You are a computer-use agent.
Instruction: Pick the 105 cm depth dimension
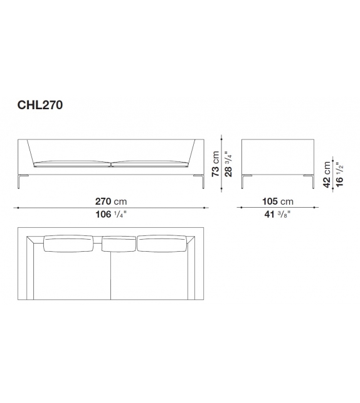tap(278, 201)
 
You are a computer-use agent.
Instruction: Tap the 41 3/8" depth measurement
tap(278, 214)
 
